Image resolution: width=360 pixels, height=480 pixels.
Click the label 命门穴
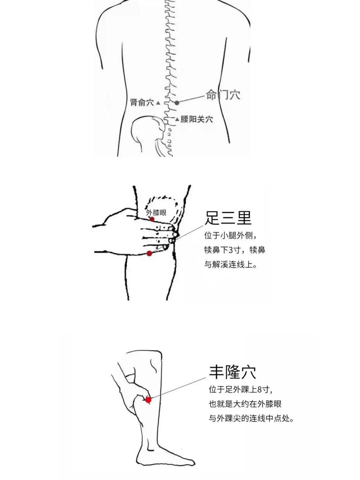pyautogui.click(x=223, y=95)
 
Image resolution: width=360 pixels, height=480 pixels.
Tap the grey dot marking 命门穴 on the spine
pyautogui.click(x=177, y=103)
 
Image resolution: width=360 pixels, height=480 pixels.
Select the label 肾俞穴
pyautogui.click(x=142, y=103)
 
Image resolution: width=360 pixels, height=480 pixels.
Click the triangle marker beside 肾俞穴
pyautogui.click(x=158, y=103)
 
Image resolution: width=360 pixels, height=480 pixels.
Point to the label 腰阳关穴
pyautogui.click(x=197, y=119)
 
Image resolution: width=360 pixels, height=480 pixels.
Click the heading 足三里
pyautogui.click(x=228, y=218)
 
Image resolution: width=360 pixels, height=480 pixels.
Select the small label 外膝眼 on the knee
pyautogui.click(x=156, y=213)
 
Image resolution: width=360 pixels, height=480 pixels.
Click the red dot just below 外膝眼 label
pyautogui.click(x=152, y=219)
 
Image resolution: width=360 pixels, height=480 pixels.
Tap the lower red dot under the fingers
pyautogui.click(x=149, y=254)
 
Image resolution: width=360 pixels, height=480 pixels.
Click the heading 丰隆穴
pyautogui.click(x=232, y=372)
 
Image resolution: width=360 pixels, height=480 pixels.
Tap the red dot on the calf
pyautogui.click(x=148, y=399)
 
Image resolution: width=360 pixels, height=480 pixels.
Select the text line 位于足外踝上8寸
pyautogui.click(x=241, y=389)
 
